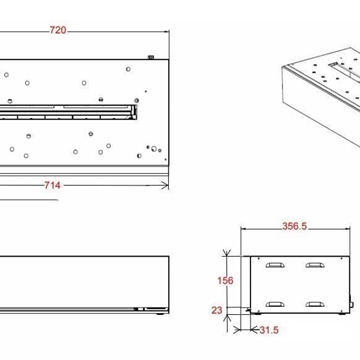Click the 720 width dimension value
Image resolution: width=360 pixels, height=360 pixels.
click(58, 30)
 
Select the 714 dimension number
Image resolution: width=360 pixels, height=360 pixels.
click(52, 185)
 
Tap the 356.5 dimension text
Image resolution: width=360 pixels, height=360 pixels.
click(294, 226)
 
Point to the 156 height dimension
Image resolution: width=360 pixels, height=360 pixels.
click(225, 281)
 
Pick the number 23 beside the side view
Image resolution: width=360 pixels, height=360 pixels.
click(217, 310)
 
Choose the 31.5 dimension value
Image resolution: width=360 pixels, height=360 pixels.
click(269, 330)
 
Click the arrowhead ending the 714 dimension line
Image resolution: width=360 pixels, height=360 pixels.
click(165, 185)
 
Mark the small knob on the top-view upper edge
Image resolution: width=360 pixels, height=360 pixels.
click(151, 57)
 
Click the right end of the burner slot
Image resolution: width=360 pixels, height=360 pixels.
click(135, 112)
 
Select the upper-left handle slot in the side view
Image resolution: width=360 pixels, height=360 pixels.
click(275, 265)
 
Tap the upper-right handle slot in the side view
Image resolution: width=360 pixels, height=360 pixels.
click(315, 265)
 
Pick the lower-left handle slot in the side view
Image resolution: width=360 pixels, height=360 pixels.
click(275, 305)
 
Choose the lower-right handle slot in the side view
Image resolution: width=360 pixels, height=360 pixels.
click(315, 305)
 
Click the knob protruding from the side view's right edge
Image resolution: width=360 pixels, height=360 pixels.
click(351, 305)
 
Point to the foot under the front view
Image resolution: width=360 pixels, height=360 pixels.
click(160, 314)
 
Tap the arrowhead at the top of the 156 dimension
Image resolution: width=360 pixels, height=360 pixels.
click(226, 253)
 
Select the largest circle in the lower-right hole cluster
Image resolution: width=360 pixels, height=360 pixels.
click(154, 149)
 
